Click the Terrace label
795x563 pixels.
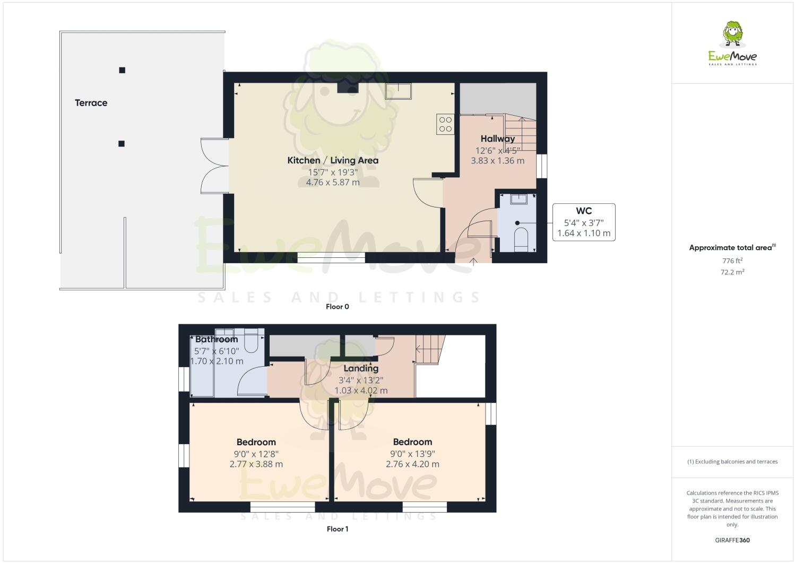pyautogui.click(x=91, y=103)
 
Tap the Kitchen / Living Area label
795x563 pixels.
pyautogui.click(x=333, y=160)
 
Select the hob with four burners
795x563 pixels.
pyautogui.click(x=445, y=124)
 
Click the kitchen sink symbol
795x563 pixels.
pyautogui.click(x=399, y=91)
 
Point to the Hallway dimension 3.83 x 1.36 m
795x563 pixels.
pyautogui.click(x=497, y=161)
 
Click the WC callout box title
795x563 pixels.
pyautogui.click(x=584, y=211)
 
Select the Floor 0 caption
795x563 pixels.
pyautogui.click(x=338, y=307)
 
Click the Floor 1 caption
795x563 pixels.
pyautogui.click(x=338, y=529)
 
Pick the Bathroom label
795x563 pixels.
pyautogui.click(x=217, y=340)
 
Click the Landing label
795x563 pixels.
pyautogui.click(x=361, y=368)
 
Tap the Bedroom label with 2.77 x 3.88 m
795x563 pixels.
pyautogui.click(x=256, y=442)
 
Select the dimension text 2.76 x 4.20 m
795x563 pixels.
pyautogui.click(x=412, y=464)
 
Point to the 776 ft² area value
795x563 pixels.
pyautogui.click(x=732, y=261)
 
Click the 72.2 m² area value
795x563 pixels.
pyautogui.click(x=732, y=272)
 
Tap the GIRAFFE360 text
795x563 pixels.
pyautogui.click(x=732, y=541)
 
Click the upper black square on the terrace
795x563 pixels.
pyautogui.click(x=122, y=70)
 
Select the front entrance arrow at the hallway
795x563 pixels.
pyautogui.click(x=474, y=259)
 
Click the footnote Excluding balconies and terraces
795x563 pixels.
pyautogui.click(x=732, y=462)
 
